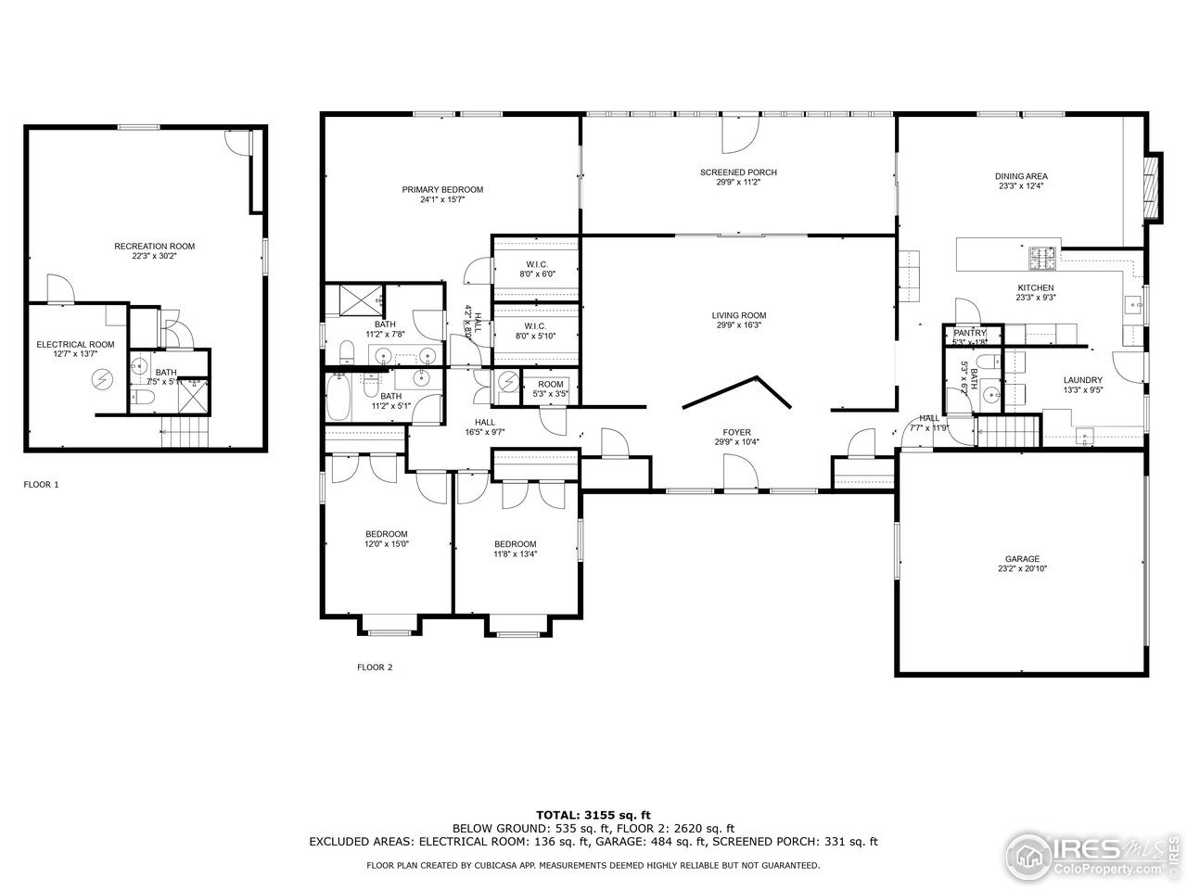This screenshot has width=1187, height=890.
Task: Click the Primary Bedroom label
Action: pyautogui.click(x=442, y=189)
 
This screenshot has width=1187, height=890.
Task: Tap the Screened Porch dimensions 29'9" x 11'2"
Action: pyautogui.click(x=738, y=183)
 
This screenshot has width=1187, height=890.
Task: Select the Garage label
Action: pyautogui.click(x=1022, y=559)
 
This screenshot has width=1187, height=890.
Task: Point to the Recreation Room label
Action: pyautogui.click(x=154, y=246)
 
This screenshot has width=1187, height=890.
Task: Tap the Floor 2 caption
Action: pyautogui.click(x=375, y=667)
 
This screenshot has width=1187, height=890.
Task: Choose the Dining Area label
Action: pyautogui.click(x=1021, y=176)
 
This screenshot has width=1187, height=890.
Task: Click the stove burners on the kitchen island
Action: pyautogui.click(x=1043, y=253)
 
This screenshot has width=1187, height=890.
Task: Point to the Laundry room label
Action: pyautogui.click(x=1082, y=380)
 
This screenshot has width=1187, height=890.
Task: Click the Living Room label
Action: pyautogui.click(x=739, y=315)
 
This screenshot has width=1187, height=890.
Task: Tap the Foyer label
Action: pyautogui.click(x=737, y=432)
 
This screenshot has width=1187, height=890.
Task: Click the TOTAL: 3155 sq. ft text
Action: pyautogui.click(x=593, y=814)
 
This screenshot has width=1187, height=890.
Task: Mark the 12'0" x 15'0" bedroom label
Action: pyautogui.click(x=386, y=534)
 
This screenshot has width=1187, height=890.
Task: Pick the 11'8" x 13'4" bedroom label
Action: pyautogui.click(x=515, y=544)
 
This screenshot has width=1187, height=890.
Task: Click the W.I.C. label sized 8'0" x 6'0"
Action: pyautogui.click(x=536, y=264)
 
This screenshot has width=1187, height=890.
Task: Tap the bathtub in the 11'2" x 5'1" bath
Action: pyautogui.click(x=338, y=396)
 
